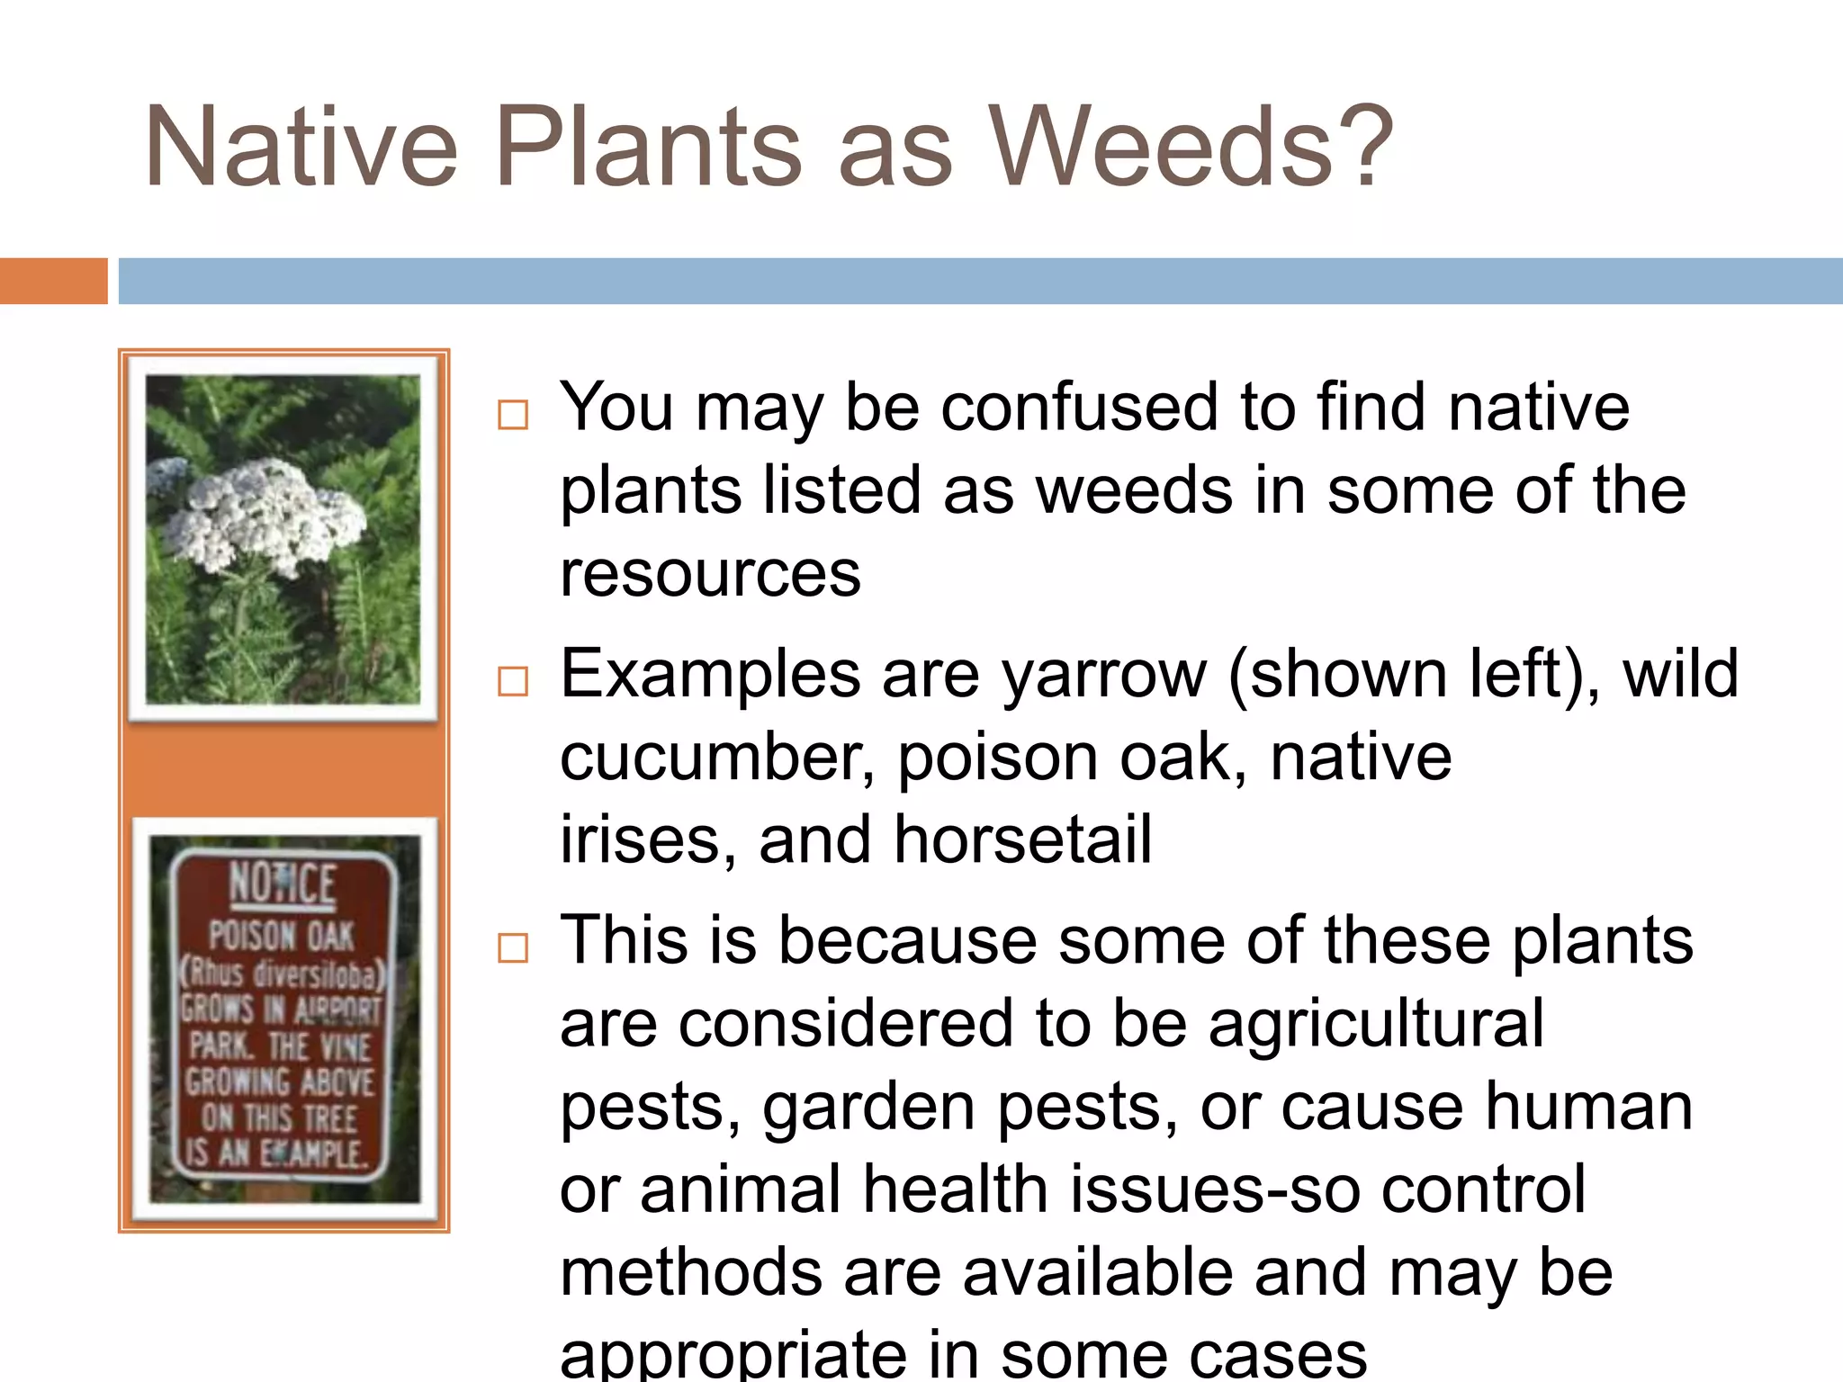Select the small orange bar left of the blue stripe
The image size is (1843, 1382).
(x=53, y=281)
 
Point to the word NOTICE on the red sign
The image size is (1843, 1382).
(x=283, y=884)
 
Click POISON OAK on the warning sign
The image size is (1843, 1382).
(x=282, y=936)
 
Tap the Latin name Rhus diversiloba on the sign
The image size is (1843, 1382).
(x=283, y=974)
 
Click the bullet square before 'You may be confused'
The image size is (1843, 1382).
(x=513, y=415)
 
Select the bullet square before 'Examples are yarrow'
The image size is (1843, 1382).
(x=513, y=681)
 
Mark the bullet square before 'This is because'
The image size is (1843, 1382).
(x=513, y=947)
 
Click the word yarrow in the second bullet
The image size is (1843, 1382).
(x=1103, y=674)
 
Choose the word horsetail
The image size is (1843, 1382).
(x=1022, y=840)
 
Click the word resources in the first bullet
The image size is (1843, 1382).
(x=710, y=574)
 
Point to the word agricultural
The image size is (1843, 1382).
(x=1376, y=1024)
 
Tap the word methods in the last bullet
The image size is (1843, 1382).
(x=691, y=1272)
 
